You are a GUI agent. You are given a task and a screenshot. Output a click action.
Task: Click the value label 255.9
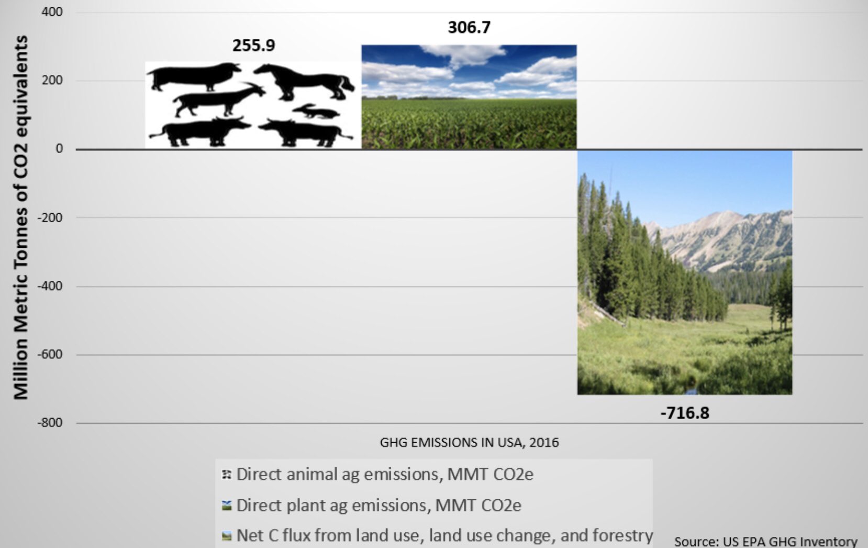[x=253, y=46]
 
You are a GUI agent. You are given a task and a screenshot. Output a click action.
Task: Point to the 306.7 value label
[x=469, y=27]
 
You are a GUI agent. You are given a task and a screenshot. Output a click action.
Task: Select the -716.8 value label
[x=684, y=413]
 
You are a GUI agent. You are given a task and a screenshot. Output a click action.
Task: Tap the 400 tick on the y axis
[x=52, y=12]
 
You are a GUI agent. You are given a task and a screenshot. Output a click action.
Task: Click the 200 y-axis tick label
[x=52, y=80]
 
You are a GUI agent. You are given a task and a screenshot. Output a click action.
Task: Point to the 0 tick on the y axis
[x=59, y=149]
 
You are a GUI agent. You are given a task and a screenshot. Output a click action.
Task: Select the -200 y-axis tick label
[x=50, y=217]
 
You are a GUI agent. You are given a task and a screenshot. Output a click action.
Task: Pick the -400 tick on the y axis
[x=50, y=286]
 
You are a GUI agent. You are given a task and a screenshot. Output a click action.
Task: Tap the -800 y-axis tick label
[x=50, y=423]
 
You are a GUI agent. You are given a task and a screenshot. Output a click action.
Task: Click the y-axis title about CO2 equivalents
[x=20, y=217]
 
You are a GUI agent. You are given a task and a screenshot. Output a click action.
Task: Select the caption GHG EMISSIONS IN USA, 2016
[x=469, y=443]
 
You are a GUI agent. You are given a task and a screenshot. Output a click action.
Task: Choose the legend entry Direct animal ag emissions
[x=384, y=475]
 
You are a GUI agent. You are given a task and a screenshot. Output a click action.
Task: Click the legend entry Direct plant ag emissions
[x=378, y=506]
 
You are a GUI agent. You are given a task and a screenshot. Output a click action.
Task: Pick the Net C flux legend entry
[x=444, y=535]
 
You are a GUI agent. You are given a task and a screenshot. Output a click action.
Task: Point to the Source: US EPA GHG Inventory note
[x=765, y=541]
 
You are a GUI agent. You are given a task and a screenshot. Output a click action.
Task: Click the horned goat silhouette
[x=217, y=99]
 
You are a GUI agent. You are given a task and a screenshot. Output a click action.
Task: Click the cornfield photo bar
[x=469, y=97]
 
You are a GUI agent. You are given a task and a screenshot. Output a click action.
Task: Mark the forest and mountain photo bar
[x=684, y=272]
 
